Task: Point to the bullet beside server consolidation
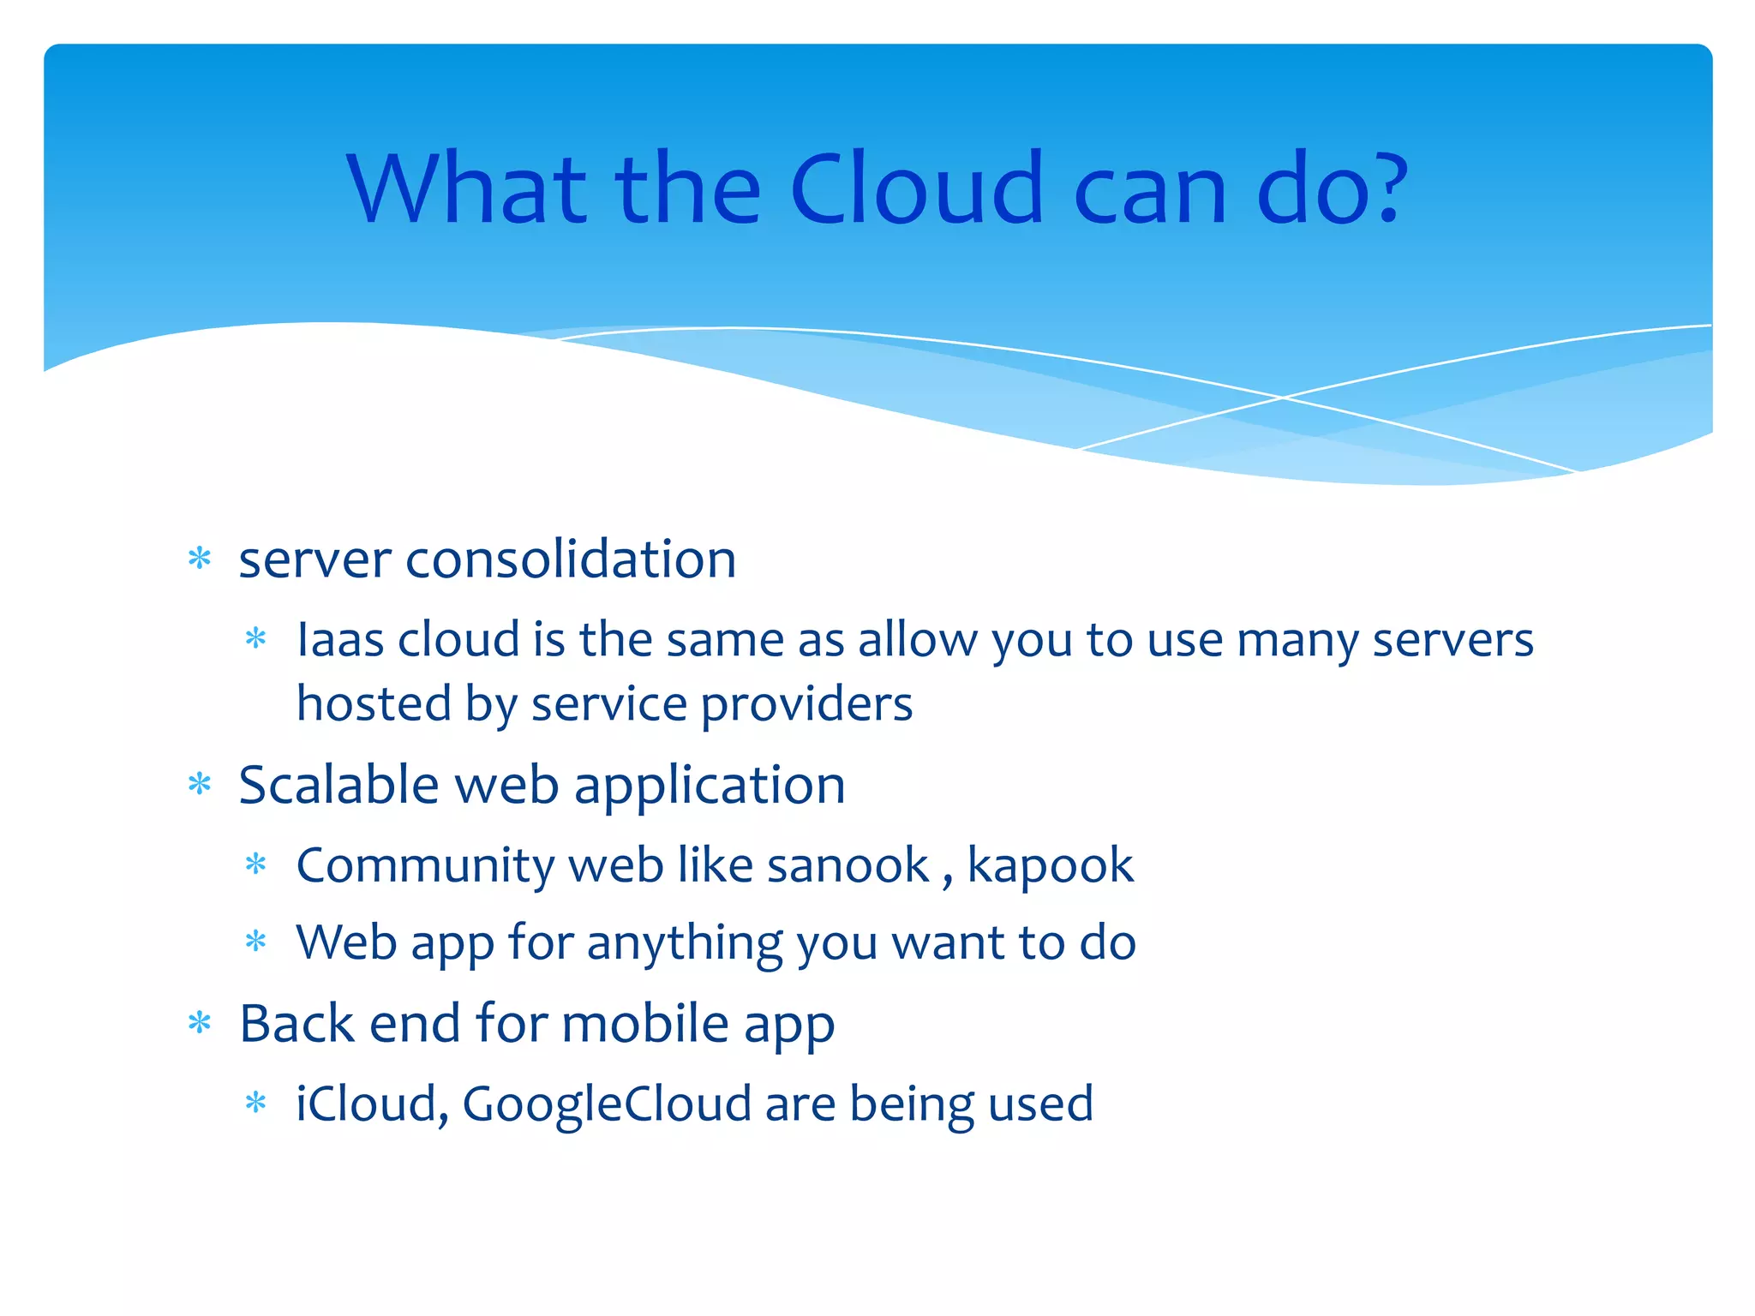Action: click(200, 559)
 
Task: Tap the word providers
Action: click(806, 705)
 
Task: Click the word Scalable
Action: click(338, 785)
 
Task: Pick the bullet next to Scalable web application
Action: click(200, 784)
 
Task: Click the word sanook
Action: click(848, 865)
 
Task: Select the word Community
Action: click(425, 865)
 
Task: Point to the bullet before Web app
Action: click(256, 942)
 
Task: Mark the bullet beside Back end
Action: click(200, 1022)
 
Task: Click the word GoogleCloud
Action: click(607, 1105)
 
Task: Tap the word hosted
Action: click(374, 704)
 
